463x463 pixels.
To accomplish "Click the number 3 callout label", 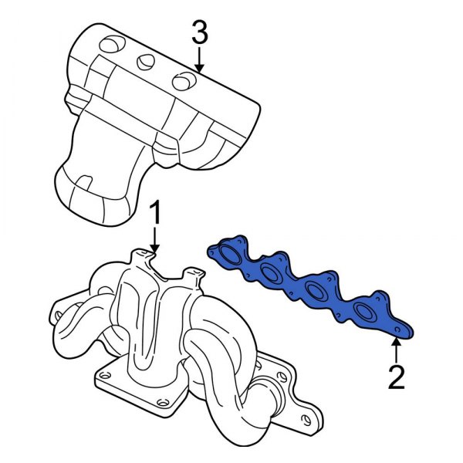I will point(199,32).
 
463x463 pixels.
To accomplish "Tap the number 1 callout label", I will point(155,212).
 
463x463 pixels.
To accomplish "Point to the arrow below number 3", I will point(199,60).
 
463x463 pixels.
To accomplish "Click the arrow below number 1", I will point(155,237).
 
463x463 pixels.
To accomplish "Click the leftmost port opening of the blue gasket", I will point(229,255).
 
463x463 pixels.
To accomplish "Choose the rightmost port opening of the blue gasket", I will point(362,313).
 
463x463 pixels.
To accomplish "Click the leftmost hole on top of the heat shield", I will point(111,44).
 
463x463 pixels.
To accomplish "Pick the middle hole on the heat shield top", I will point(146,63).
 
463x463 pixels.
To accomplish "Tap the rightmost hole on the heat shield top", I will point(182,79).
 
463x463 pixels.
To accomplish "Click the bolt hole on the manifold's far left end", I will point(55,315).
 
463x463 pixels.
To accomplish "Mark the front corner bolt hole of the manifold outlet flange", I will point(160,401).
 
